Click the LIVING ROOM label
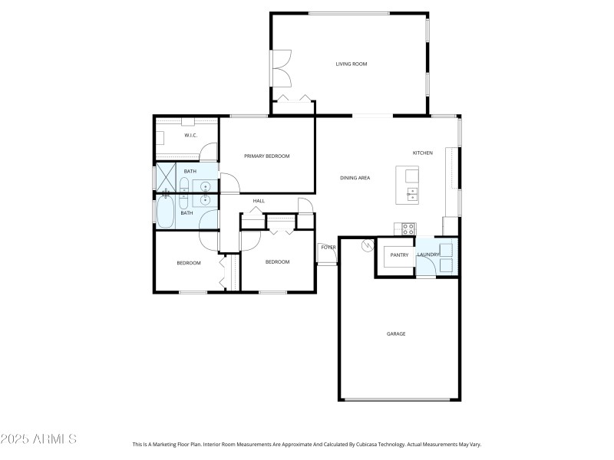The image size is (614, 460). [352, 64]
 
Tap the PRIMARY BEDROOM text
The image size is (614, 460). [266, 156]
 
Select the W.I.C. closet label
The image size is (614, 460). [190, 136]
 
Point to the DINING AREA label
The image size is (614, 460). [355, 178]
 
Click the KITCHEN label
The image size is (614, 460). [423, 153]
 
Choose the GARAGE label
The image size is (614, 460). [396, 333]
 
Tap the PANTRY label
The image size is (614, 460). [399, 255]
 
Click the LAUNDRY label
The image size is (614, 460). [427, 255]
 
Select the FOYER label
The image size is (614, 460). [328, 247]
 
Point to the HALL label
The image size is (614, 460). [259, 201]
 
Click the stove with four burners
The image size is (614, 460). [408, 228]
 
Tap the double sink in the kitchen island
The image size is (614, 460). [413, 193]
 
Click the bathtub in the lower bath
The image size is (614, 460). [166, 213]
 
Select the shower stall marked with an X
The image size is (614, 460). [166, 177]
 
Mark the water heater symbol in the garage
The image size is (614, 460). [367, 245]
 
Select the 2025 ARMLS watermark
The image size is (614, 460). [38, 439]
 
